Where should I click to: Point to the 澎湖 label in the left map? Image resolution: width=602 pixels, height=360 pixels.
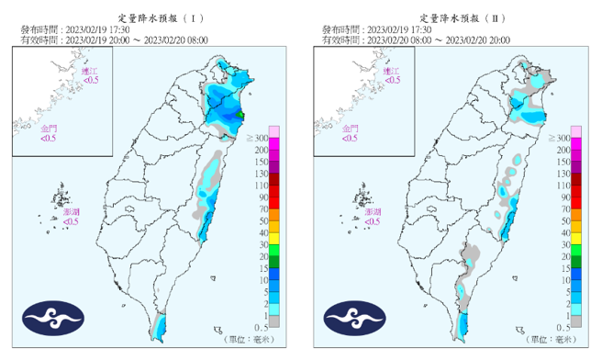(x=71, y=212)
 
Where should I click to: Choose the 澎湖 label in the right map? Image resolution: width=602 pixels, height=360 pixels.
(x=373, y=212)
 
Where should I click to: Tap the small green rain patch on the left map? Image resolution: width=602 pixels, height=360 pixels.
(x=242, y=115)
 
